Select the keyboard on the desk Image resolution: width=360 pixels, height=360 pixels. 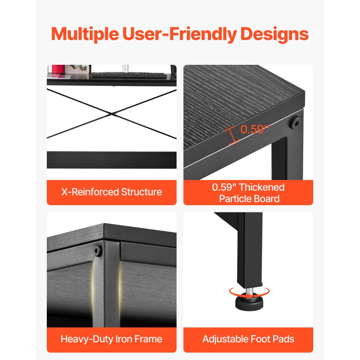click(x=129, y=75)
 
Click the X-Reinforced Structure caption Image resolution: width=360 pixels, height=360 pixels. click(x=112, y=192)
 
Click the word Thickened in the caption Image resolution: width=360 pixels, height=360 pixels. click(x=262, y=187)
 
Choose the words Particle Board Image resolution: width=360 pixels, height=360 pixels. click(x=249, y=199)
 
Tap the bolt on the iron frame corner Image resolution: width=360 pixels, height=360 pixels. click(x=97, y=251)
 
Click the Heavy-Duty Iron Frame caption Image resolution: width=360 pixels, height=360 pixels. click(x=112, y=339)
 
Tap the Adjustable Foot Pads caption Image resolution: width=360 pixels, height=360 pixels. click(x=248, y=339)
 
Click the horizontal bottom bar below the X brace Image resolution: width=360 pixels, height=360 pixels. click(x=112, y=160)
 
